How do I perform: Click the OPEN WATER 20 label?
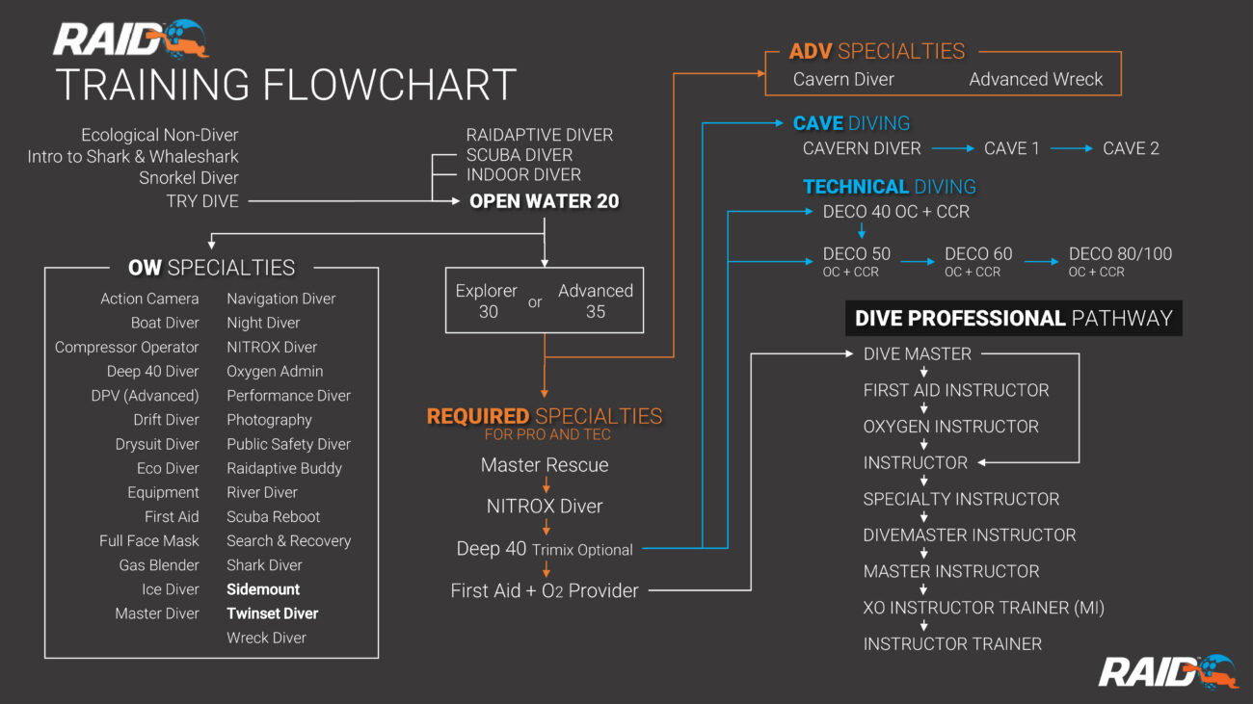coord(544,201)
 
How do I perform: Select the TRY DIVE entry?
coord(202,201)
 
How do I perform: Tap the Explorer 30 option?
coord(487,300)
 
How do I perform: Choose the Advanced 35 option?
coord(596,300)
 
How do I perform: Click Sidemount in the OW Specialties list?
coord(263,589)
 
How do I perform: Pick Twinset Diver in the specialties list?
coord(272,613)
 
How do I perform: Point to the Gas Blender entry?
coord(159,565)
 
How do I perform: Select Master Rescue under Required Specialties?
coord(545,465)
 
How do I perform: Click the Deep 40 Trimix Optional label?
coord(545,549)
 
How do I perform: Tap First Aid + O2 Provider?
coord(545,590)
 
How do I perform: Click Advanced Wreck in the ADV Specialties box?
coord(1036,80)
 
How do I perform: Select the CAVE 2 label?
coord(1131,148)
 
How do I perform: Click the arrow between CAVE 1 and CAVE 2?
coord(1072,148)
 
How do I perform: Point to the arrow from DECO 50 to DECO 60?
coord(918,261)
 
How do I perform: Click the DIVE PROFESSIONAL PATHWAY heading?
coord(1013,319)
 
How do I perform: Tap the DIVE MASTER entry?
coord(918,354)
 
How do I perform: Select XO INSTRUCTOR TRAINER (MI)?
coord(983,608)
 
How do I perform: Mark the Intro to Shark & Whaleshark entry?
coord(133,156)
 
